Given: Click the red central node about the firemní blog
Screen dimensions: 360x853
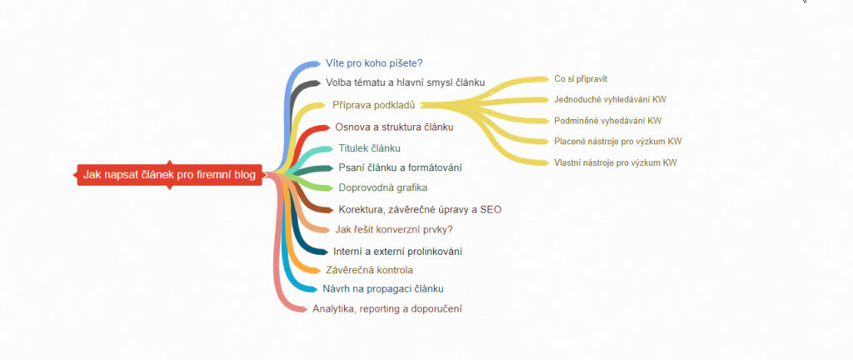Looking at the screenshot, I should coord(169,174).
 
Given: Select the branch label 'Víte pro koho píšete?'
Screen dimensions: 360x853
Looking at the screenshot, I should coord(375,62).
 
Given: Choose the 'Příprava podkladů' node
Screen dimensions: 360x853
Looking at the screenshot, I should coord(373,105).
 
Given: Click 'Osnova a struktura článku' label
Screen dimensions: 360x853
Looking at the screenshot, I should coord(394,127).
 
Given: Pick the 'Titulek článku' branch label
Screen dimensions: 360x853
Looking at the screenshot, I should coord(369,147).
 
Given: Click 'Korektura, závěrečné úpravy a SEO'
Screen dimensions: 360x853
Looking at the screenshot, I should coord(420,209).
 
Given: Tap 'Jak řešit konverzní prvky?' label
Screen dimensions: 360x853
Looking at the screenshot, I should coord(394,230).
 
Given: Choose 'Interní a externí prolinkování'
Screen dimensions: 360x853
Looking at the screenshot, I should coord(397,251).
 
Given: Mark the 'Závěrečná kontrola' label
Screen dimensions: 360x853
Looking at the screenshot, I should coord(369,270).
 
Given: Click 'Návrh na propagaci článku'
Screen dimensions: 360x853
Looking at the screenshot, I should coord(382,289).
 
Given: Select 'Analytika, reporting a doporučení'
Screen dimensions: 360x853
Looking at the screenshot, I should coord(387,309).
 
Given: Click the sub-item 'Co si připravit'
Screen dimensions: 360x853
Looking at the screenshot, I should coord(581,79).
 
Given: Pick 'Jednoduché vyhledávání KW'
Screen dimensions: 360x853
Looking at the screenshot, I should coord(610,99).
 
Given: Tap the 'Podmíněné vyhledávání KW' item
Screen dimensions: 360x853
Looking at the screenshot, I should coord(608,121).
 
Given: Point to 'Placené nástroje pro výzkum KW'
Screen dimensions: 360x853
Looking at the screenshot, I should coord(617,142).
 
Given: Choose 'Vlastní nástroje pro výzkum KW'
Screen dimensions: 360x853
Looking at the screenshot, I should coord(616,162).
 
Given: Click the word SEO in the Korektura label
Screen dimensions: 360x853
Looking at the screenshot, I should coord(491,209).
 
